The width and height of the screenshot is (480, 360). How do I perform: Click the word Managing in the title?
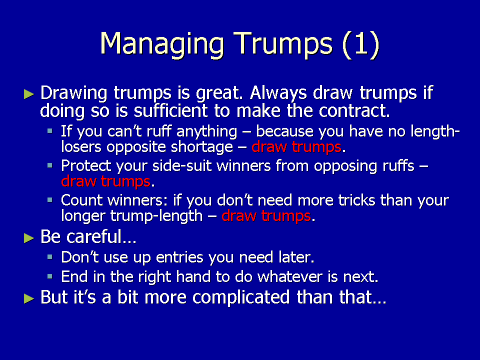(162, 44)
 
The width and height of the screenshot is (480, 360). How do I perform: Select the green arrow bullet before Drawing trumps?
(29, 94)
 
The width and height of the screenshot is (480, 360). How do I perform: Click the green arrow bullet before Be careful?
(29, 238)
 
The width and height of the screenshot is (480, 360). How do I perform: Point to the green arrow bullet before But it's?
(29, 298)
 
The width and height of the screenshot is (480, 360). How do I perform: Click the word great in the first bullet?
(217, 93)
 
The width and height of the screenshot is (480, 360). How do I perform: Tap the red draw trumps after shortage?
(296, 146)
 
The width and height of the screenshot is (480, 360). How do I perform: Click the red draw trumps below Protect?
(105, 181)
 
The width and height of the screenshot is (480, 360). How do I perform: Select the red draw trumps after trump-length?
(266, 215)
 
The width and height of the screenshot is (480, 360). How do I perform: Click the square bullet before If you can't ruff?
(50, 131)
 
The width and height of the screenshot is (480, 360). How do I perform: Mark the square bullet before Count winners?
(50, 200)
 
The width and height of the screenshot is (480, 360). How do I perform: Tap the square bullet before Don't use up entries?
(50, 257)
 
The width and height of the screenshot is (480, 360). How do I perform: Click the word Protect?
(85, 166)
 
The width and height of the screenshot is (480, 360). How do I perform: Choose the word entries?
(179, 257)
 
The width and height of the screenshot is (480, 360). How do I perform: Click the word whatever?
(289, 276)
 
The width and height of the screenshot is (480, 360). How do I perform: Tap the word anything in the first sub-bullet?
(207, 132)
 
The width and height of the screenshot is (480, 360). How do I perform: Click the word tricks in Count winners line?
(356, 200)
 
